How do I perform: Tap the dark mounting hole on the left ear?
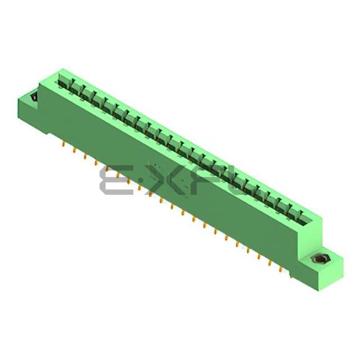click(x=34, y=97)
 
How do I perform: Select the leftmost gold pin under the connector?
click(x=63, y=145)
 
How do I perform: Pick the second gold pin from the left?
click(x=74, y=151)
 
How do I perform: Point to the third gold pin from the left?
click(x=85, y=156)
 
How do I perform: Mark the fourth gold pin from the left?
click(x=96, y=163)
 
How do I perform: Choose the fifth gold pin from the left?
click(x=107, y=169)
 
